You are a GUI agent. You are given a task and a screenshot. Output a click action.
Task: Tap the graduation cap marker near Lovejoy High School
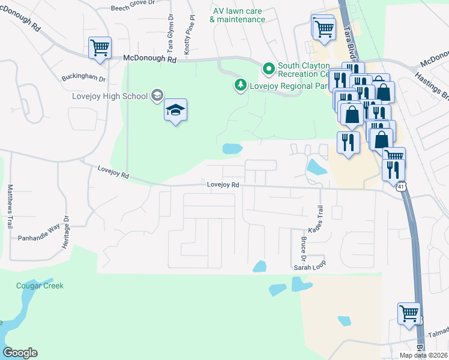pyautogui.click(x=175, y=110)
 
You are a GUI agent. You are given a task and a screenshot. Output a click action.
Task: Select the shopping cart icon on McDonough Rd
pyautogui.click(x=99, y=47)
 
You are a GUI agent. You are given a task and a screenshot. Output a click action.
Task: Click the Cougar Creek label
pyautogui.click(x=40, y=286)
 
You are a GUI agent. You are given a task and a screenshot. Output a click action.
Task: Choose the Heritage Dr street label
pyautogui.click(x=67, y=232)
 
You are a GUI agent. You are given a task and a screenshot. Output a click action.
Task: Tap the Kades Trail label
pyautogui.click(x=320, y=220)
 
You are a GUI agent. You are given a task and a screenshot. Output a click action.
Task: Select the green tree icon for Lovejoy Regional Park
pyautogui.click(x=241, y=85)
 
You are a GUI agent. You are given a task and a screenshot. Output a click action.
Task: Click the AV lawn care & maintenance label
pyautogui.click(x=238, y=15)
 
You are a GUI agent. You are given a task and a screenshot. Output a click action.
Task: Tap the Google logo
pyautogui.click(x=20, y=353)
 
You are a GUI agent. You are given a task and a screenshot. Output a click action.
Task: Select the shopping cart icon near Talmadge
pyautogui.click(x=409, y=313)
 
